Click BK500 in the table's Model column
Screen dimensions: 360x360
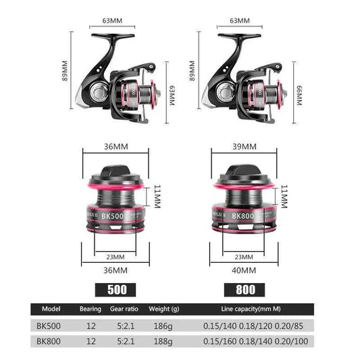pos(51,326)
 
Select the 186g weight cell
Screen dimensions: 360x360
pos(161,326)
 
